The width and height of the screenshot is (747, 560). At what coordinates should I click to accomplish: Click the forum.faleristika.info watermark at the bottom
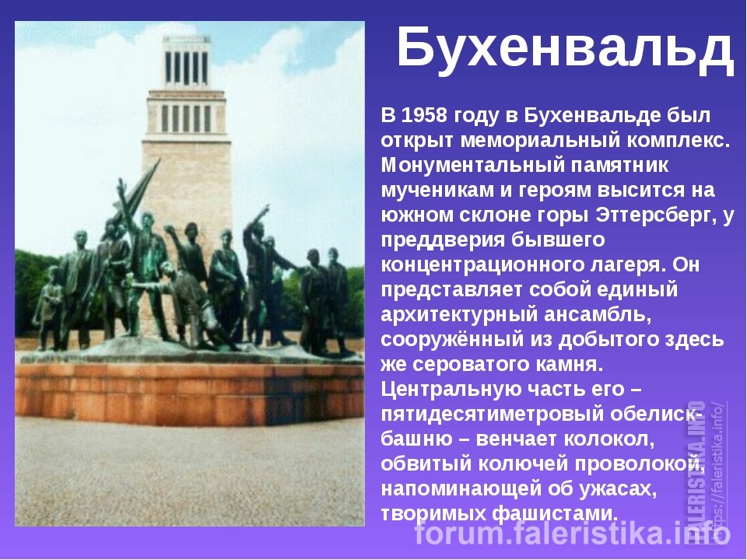tap(572, 534)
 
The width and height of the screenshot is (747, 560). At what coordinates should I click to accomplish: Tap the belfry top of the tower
tap(186, 62)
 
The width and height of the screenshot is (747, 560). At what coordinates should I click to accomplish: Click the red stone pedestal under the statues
tap(190, 395)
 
